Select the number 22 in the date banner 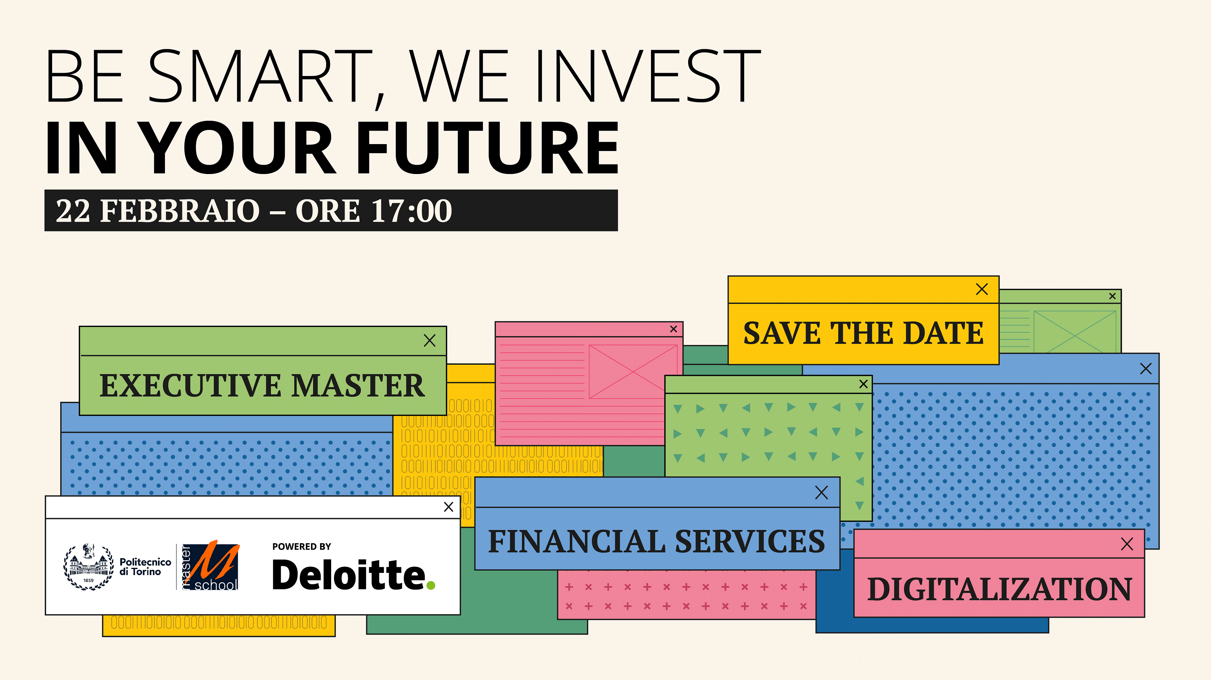[x=73, y=211]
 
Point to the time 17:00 [x=411, y=211]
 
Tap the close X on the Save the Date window [x=982, y=289]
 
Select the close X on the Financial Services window [x=821, y=492]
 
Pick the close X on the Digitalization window [x=1127, y=544]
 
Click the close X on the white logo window [x=448, y=507]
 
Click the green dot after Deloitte [x=430, y=585]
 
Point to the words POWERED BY [x=302, y=547]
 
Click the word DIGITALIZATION [x=999, y=589]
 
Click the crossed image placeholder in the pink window [x=633, y=372]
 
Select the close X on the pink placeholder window [x=674, y=329]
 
